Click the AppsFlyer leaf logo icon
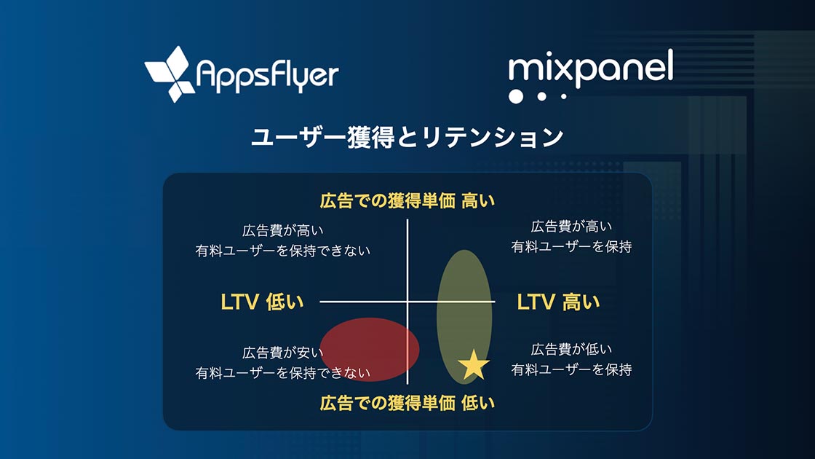170,74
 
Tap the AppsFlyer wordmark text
268,76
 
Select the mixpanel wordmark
590,68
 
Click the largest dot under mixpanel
516,96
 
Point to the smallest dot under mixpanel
563,96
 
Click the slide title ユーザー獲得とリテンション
407,138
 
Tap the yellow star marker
474,365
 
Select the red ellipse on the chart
370,349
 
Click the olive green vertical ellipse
464,316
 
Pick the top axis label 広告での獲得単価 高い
407,200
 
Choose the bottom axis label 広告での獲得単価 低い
407,403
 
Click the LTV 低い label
262,302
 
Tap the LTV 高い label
558,302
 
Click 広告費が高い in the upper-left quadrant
283,230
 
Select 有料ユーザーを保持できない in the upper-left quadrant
283,251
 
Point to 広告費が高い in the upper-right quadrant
571,227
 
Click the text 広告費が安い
283,353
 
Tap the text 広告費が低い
571,349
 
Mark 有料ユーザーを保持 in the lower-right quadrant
571,369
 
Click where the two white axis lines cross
407,302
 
